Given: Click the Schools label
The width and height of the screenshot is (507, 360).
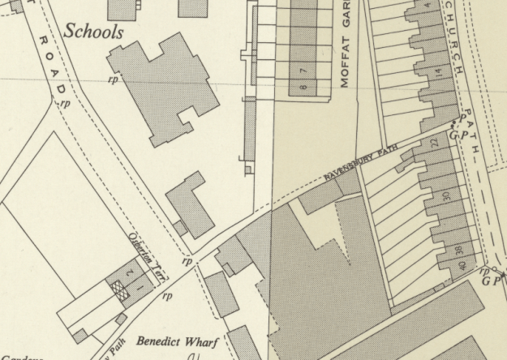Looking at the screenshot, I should pyautogui.click(x=93, y=32).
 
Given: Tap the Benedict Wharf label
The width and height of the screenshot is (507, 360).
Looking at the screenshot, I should pyautogui.click(x=178, y=342).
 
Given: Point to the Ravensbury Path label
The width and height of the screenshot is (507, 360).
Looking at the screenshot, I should pyautogui.click(x=363, y=165).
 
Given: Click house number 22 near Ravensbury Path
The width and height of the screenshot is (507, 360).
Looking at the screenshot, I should pyautogui.click(x=434, y=142).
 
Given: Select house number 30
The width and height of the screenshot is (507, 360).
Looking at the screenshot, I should pyautogui.click(x=446, y=196).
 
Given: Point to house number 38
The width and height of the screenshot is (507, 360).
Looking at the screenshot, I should pyautogui.click(x=458, y=251).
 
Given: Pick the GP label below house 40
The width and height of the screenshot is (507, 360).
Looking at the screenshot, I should pyautogui.click(x=492, y=281).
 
